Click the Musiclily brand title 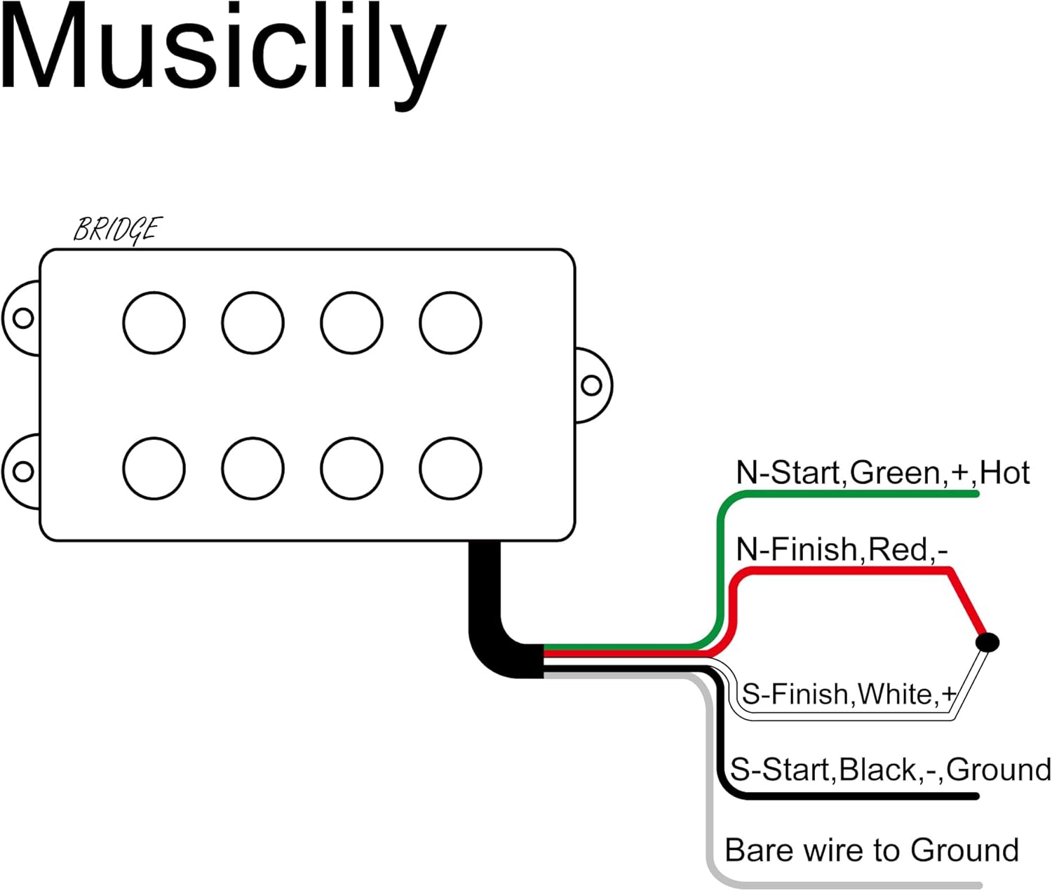pos(223,56)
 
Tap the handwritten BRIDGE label pos(118,230)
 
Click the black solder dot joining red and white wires pos(987,642)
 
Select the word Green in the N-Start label pos(895,473)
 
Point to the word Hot pos(1005,473)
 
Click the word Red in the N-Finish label pos(898,550)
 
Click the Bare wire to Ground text pos(871,850)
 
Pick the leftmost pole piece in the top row pos(154,323)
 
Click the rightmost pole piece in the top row pos(450,323)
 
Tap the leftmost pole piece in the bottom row pos(154,469)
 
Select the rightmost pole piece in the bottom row pos(450,469)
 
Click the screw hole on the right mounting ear pos(591,385)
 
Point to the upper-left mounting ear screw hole pos(23,319)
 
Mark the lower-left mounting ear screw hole pos(23,471)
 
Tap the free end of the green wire pos(976,493)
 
